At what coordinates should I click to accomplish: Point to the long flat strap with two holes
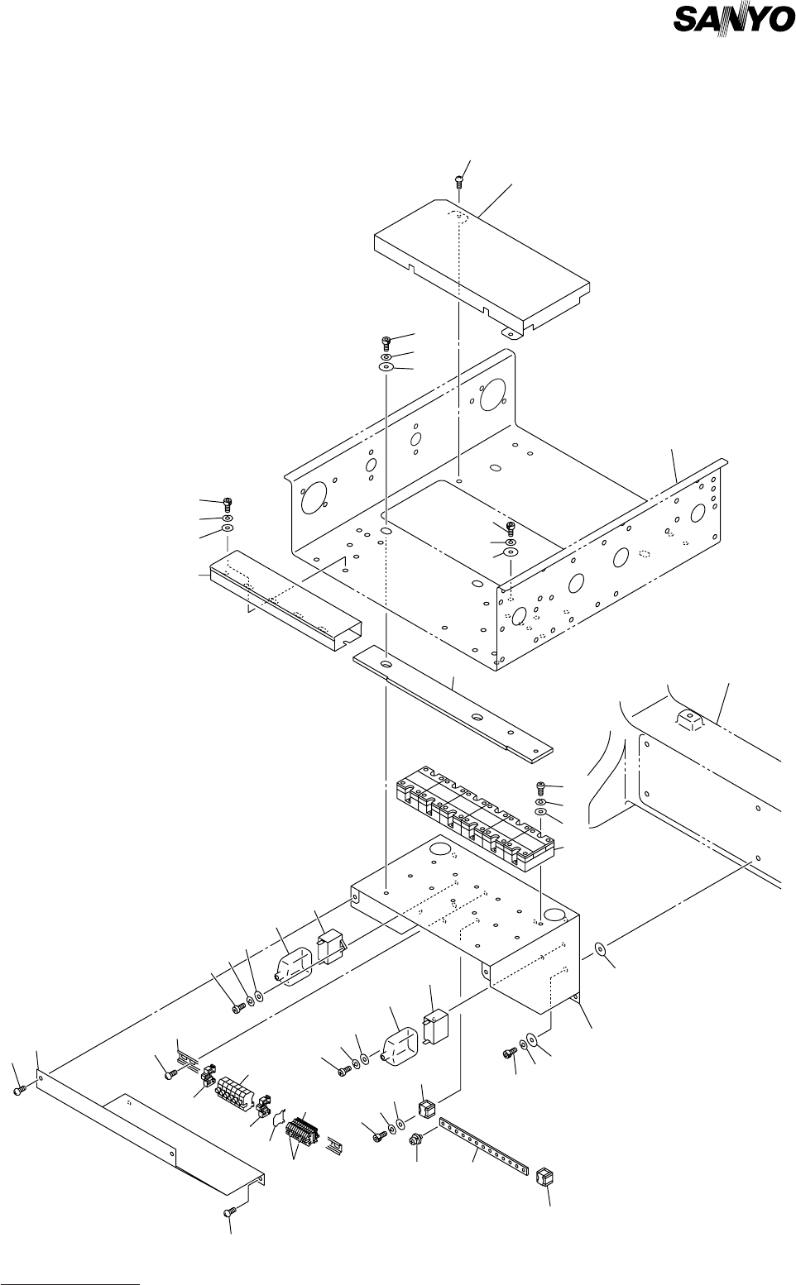click(x=452, y=703)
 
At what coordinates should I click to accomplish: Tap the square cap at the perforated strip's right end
click(x=544, y=1177)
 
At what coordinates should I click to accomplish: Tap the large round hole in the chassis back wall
click(x=492, y=390)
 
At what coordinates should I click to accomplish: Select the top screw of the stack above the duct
click(x=228, y=503)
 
